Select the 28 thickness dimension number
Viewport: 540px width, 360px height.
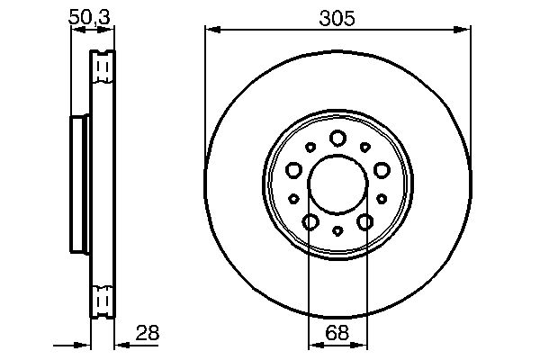point(147,333)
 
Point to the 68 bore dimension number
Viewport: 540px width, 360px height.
point(337,333)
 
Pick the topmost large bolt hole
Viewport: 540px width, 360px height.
point(337,138)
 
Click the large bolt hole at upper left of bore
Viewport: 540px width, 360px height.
point(293,168)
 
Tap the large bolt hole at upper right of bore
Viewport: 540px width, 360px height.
point(382,168)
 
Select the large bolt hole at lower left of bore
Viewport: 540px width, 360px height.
point(310,221)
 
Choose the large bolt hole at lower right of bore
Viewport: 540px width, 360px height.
point(365,221)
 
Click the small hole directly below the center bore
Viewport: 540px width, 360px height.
point(337,231)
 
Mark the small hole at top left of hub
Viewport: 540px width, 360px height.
point(310,147)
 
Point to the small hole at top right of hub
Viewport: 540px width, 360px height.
point(365,147)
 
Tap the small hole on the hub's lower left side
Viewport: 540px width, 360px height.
point(293,198)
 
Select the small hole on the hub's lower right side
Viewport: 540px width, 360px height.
point(382,198)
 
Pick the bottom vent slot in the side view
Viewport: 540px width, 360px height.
point(103,296)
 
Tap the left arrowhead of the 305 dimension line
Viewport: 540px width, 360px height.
point(211,30)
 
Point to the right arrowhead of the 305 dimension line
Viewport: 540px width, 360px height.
point(465,30)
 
